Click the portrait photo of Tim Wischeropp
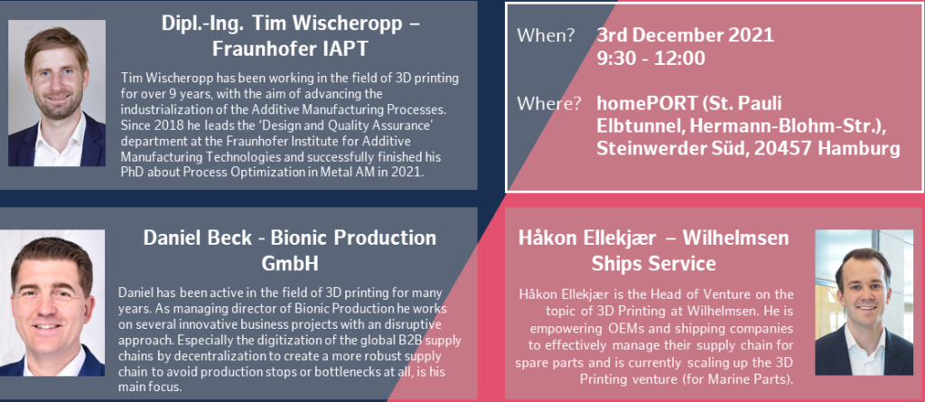[x=57, y=93]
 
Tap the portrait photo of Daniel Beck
[x=51, y=303]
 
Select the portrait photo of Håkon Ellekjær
[x=864, y=303]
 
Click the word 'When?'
[x=546, y=35]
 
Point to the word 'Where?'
[x=549, y=104]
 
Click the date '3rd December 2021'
[x=685, y=35]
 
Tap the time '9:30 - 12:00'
[x=650, y=58]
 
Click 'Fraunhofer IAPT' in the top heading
[x=290, y=49]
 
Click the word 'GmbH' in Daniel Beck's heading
[x=290, y=263]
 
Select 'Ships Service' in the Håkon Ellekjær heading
[x=654, y=263]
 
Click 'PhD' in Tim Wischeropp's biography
[x=131, y=173]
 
